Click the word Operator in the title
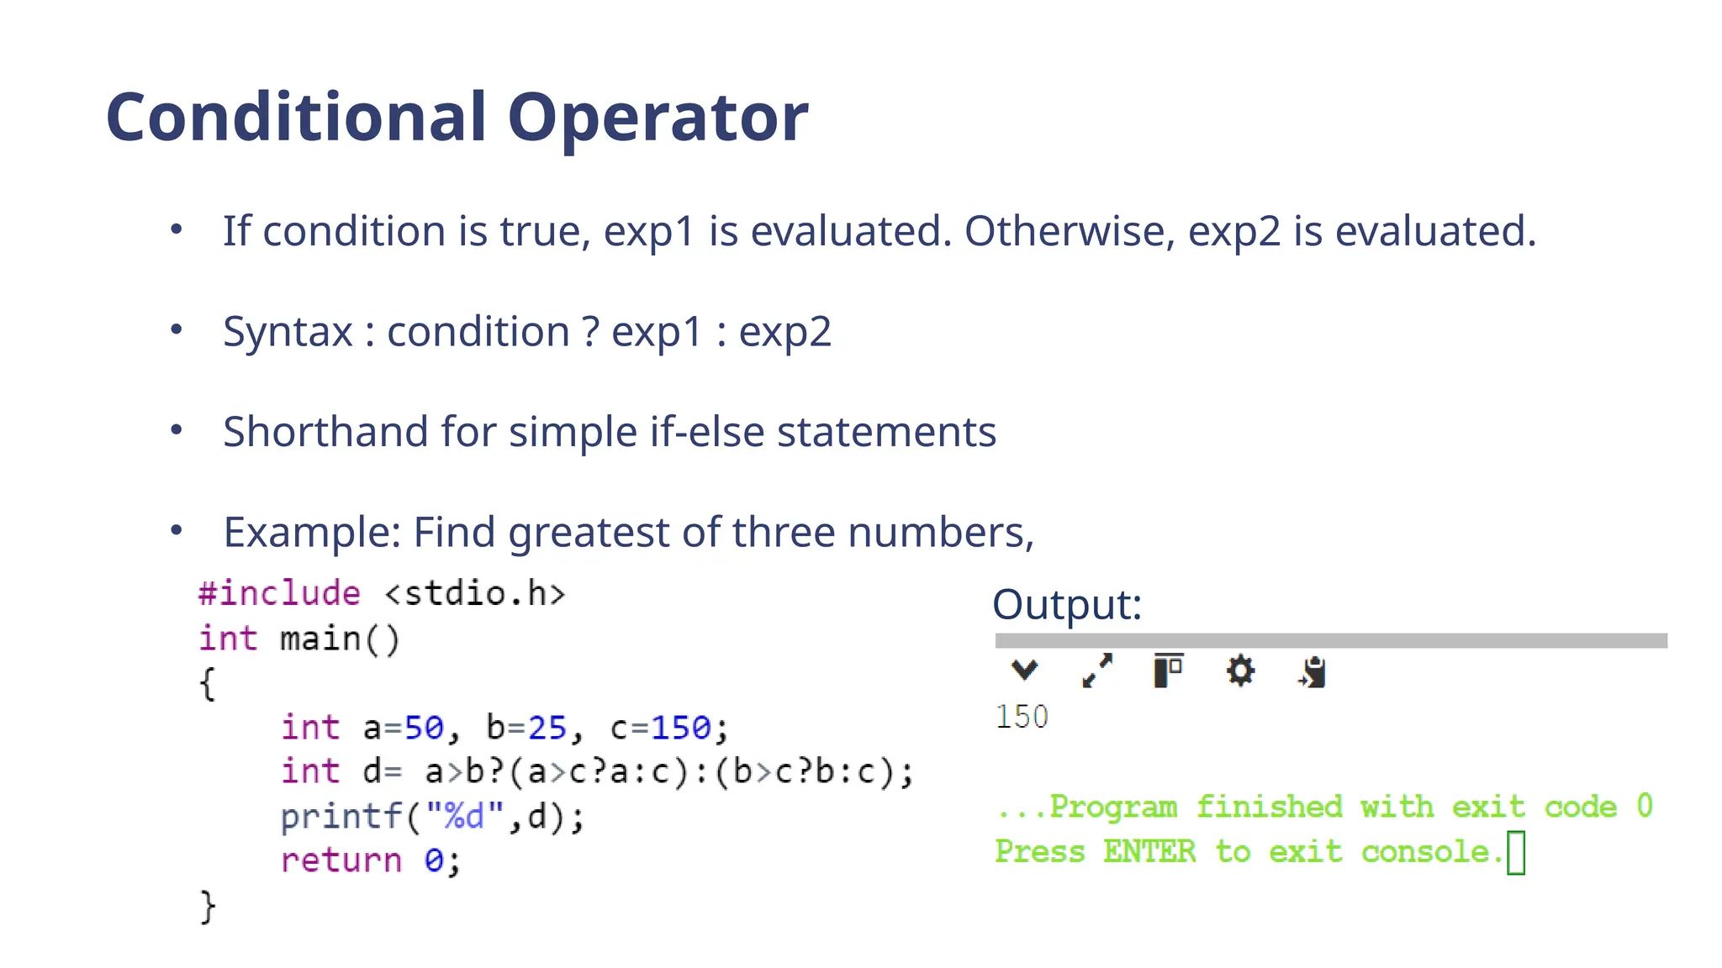658,118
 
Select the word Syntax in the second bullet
288,332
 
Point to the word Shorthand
325,432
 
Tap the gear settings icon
1240,671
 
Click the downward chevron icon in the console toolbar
1024,671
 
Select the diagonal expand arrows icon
1096,671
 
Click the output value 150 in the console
1022,717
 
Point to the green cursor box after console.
1515,853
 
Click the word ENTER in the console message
1149,852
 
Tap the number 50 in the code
424,728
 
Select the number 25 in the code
547,728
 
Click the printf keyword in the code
341,817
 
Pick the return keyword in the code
341,860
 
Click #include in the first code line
279,593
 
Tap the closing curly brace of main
208,907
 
